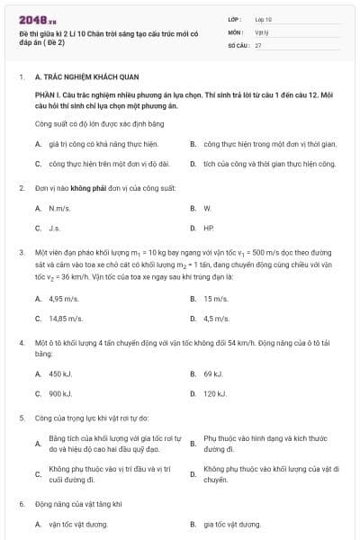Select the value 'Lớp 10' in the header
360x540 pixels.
(264, 18)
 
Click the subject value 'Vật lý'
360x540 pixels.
(262, 31)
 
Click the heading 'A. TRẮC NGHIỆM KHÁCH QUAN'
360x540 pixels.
(75, 78)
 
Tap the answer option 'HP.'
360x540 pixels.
(209, 229)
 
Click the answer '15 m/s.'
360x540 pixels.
(215, 298)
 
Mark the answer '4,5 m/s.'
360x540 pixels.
(216, 319)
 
